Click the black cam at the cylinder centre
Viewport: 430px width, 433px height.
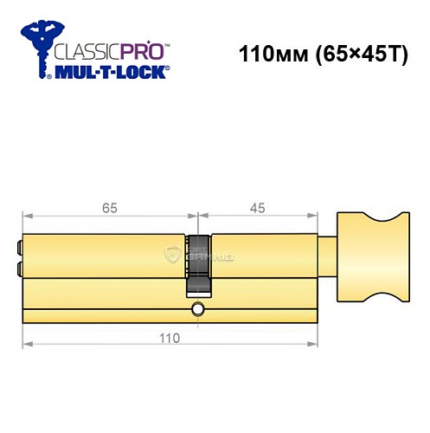(199, 265)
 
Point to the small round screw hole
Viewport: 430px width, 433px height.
(199, 309)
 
